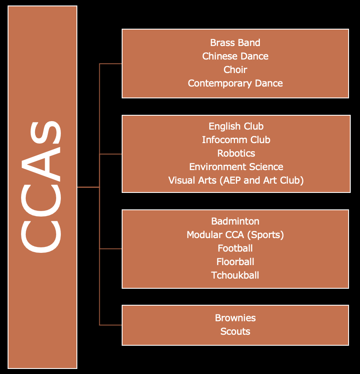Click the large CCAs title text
pos(42,187)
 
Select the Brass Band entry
pos(235,43)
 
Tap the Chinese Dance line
pos(235,56)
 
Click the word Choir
pos(235,70)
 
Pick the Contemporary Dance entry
pos(235,83)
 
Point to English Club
pos(236,126)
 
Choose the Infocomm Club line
pos(236,140)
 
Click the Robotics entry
pos(236,153)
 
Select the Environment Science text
pos(236,167)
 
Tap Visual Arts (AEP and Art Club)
pos(236,180)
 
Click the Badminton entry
pos(235,221)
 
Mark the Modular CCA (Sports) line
pos(235,235)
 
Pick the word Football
pos(235,248)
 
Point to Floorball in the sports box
pos(235,262)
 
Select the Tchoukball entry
pos(235,275)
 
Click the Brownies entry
pos(235,318)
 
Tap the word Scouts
pos(235,331)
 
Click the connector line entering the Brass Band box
pos(111,64)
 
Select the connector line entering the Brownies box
pos(111,325)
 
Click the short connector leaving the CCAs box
pos(88,187)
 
